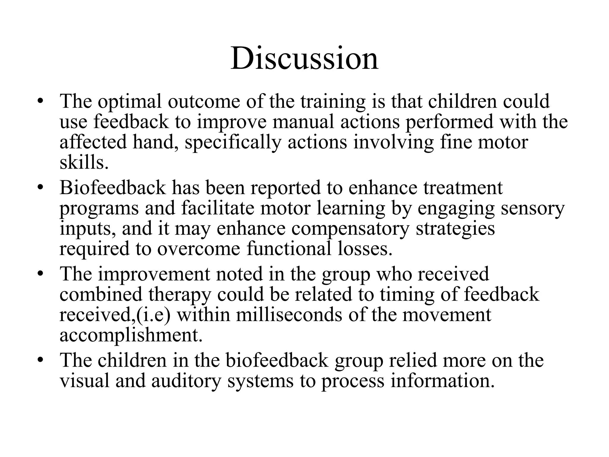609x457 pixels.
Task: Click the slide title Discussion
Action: tap(304, 59)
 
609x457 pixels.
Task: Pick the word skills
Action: tap(84, 163)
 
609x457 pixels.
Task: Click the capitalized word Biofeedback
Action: tap(112, 188)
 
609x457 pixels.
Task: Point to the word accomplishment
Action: tap(131, 336)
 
